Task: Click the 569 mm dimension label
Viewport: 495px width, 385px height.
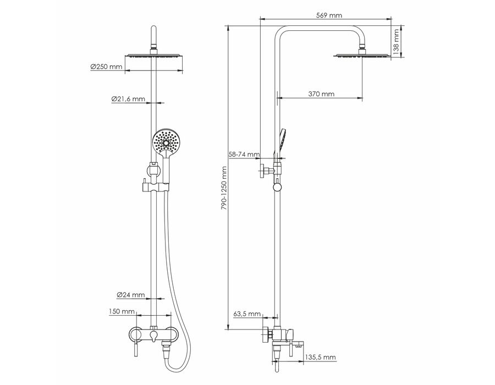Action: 329,15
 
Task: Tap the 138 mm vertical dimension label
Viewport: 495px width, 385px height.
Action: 396,40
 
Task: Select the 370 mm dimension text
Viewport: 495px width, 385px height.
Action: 321,94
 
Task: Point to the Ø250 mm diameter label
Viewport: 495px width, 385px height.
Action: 106,67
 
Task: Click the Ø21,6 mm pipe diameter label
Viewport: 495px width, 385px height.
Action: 128,99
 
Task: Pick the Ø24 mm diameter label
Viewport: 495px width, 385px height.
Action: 131,295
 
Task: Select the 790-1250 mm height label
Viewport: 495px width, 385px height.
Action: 224,189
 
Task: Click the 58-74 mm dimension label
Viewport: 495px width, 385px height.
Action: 244,155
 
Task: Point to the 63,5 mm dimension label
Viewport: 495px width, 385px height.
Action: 247,314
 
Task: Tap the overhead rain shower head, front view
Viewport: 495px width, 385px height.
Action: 154,56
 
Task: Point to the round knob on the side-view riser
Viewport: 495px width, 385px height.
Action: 277,187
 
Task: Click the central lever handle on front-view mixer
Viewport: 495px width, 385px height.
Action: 154,337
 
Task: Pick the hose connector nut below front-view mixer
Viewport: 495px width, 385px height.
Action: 166,348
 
